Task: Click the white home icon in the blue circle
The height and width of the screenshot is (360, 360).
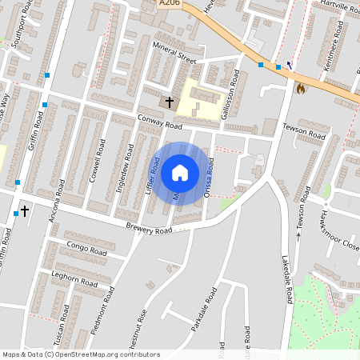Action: (x=180, y=172)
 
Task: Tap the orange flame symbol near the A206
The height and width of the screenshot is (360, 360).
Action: (x=301, y=88)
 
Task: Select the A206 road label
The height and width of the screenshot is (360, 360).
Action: (x=169, y=3)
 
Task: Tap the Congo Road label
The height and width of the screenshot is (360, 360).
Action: (x=86, y=249)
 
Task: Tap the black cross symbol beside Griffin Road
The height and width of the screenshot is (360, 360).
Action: (x=25, y=211)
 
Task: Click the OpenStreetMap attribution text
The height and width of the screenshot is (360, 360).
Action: (x=81, y=354)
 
